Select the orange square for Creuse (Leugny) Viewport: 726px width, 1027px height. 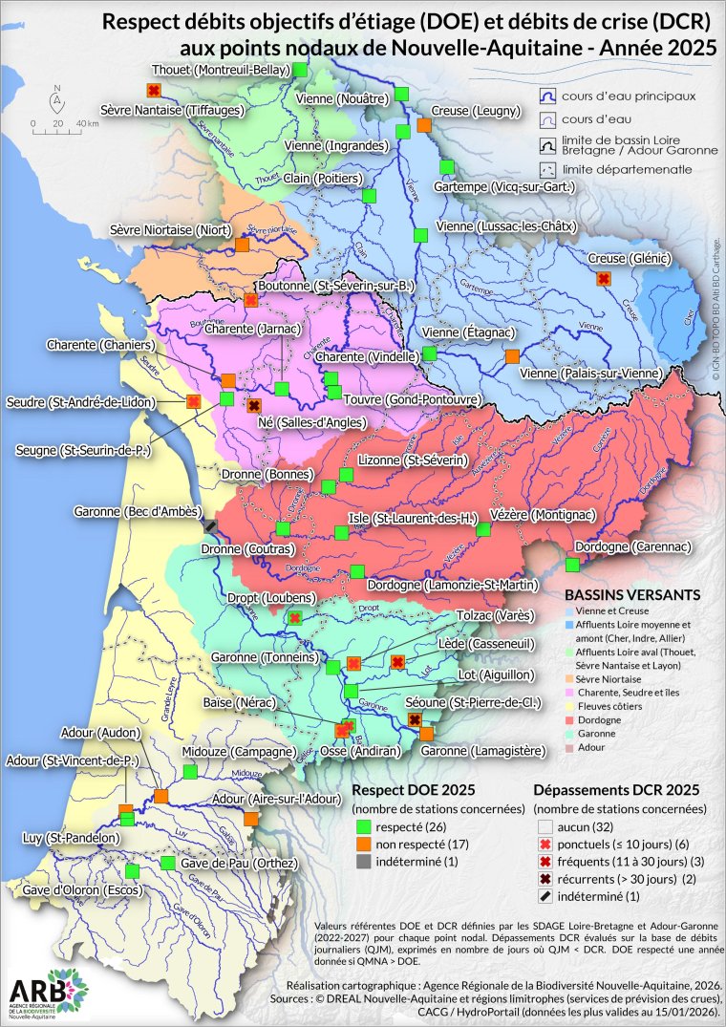click(x=424, y=125)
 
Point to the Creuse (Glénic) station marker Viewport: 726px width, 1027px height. click(x=603, y=278)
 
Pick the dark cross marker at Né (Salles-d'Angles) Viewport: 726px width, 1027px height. click(x=253, y=405)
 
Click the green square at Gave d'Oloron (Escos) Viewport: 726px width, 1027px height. click(x=133, y=870)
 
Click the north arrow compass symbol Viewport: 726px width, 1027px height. click(x=57, y=97)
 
